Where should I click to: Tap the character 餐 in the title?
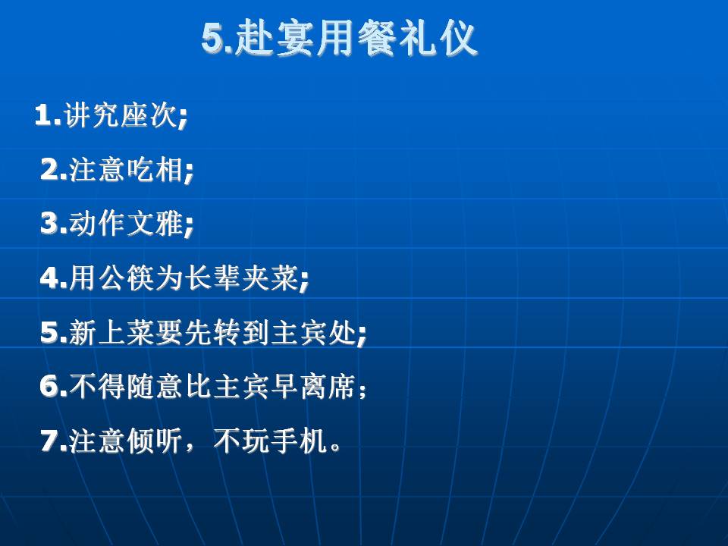378,38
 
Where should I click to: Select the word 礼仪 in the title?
438,38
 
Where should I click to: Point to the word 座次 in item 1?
149,115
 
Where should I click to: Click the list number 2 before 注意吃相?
50,169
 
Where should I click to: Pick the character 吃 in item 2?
140,169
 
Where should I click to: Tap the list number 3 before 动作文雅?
50,223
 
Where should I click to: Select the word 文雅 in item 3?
154,223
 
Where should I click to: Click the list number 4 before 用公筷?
50,278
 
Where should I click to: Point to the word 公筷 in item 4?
126,278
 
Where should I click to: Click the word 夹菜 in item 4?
269,278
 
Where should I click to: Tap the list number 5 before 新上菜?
50,332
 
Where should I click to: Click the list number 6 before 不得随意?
50,386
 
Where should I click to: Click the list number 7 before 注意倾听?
50,441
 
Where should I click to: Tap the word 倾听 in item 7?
154,441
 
